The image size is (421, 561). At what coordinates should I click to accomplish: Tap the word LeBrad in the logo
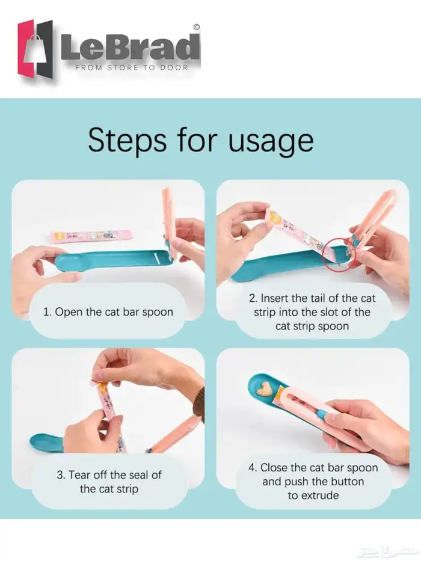tap(131, 47)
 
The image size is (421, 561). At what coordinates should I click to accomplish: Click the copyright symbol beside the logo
tap(197, 26)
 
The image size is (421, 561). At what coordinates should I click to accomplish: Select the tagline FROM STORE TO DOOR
tap(131, 67)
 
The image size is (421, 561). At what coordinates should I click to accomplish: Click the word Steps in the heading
tap(127, 140)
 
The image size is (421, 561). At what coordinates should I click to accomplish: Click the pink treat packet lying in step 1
tap(91, 236)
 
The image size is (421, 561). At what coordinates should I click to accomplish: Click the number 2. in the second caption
tap(253, 298)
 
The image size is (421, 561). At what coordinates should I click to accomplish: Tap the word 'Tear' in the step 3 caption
tap(79, 475)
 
